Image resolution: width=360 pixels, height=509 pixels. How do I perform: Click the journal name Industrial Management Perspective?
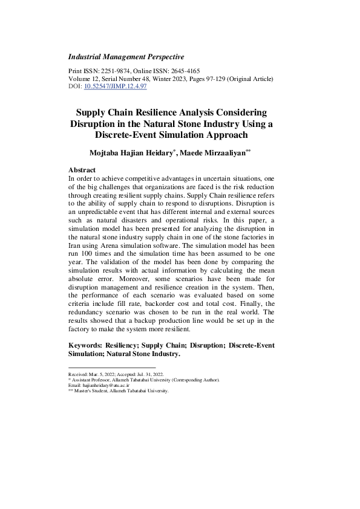(x=126, y=57)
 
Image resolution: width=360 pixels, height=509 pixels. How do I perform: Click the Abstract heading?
(x=82, y=170)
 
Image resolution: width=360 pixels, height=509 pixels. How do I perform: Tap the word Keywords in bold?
(x=85, y=345)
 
